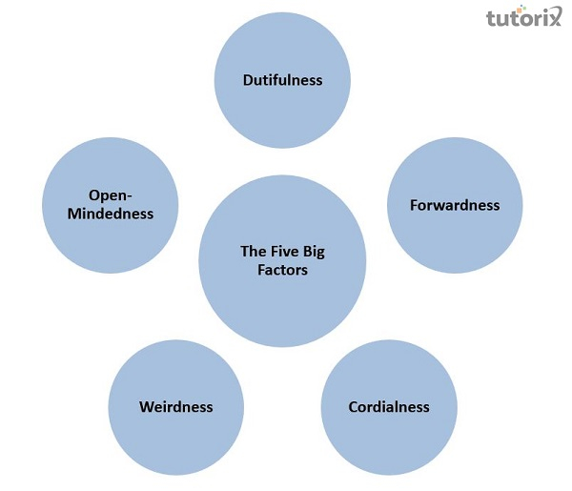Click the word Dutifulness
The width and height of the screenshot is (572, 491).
[x=281, y=80]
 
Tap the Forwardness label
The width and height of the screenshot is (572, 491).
[x=455, y=205]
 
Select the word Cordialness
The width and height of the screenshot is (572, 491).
[x=388, y=406]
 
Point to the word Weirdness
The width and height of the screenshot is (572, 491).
[x=175, y=406]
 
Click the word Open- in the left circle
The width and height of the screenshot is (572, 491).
[x=110, y=195]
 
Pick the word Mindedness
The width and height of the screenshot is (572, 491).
[x=110, y=214]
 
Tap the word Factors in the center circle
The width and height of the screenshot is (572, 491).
[x=281, y=270]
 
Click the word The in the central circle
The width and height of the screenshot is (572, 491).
[x=252, y=252]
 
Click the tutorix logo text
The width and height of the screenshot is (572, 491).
[x=522, y=19]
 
